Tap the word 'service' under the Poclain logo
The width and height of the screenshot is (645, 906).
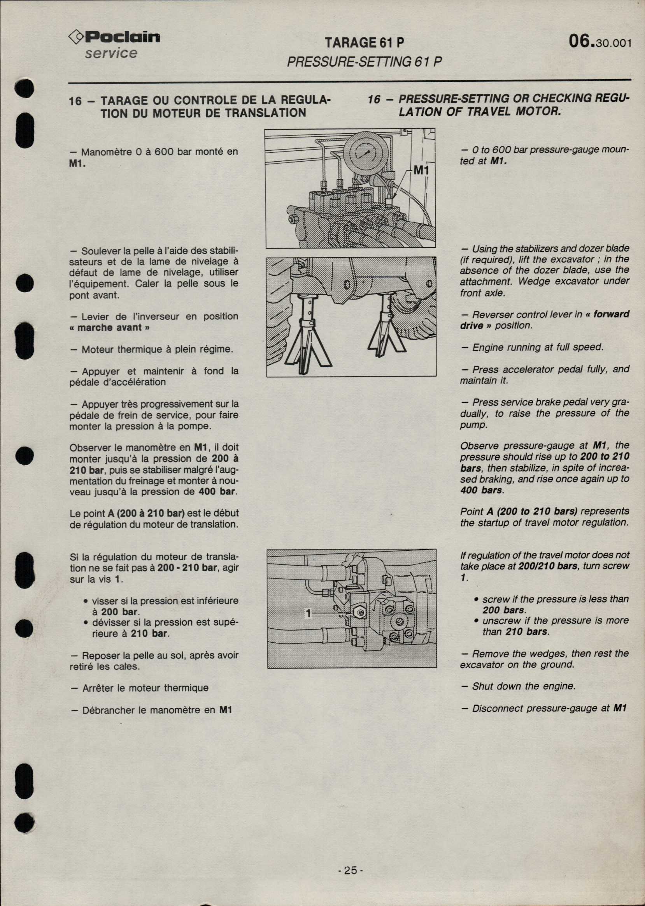(111, 53)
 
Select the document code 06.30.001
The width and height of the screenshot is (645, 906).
(600, 42)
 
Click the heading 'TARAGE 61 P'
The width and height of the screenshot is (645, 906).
(364, 43)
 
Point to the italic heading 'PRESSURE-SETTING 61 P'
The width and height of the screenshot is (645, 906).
(364, 62)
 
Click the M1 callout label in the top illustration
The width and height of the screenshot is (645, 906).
(421, 171)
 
